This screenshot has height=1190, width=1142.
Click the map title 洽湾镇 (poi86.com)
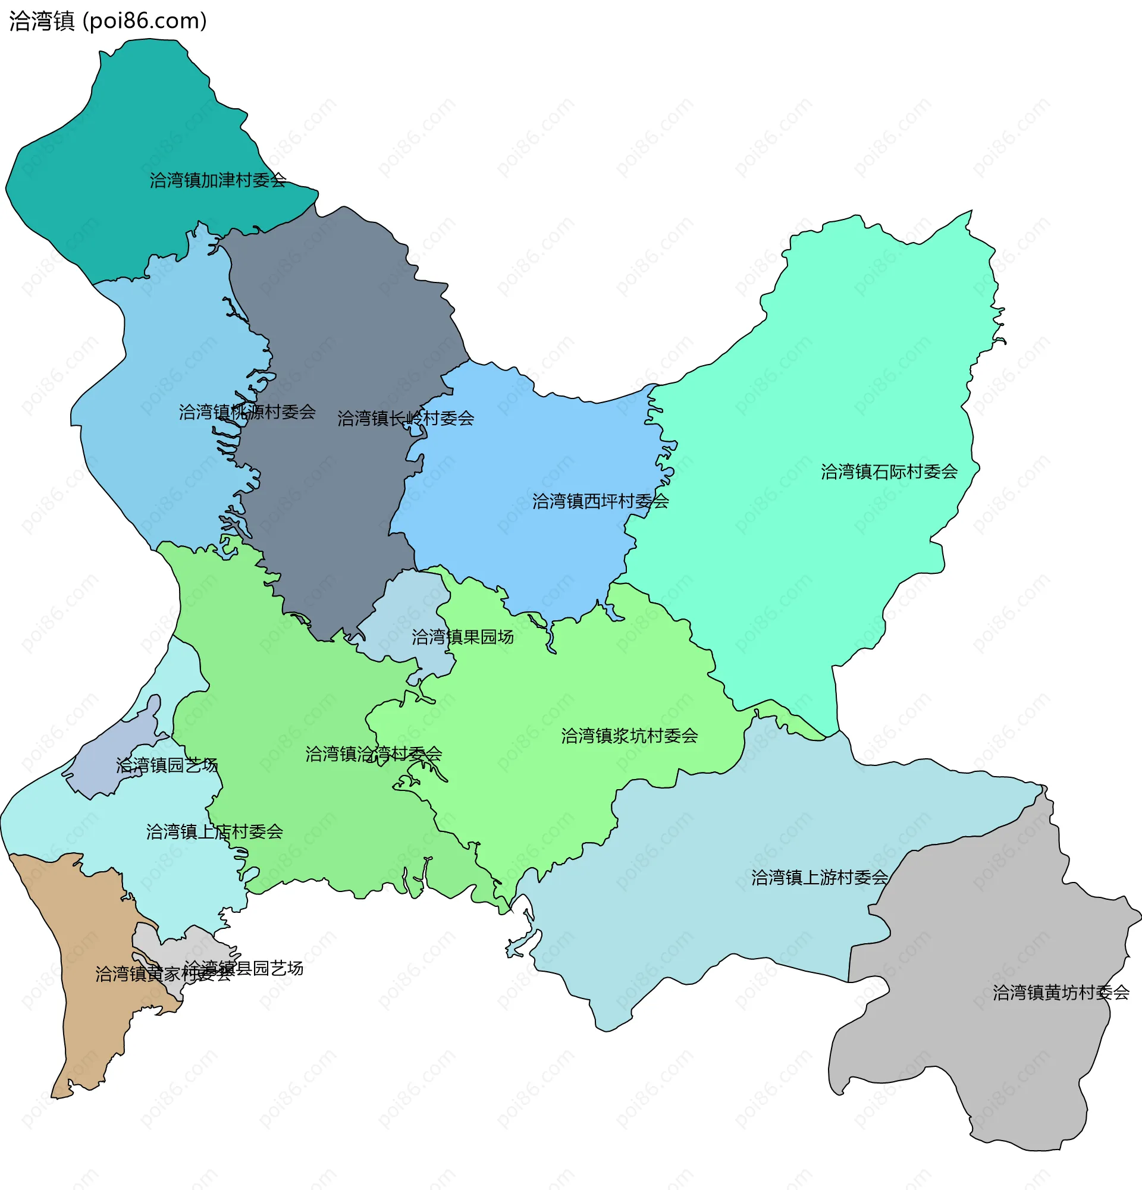click(108, 21)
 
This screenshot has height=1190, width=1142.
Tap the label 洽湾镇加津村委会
click(218, 180)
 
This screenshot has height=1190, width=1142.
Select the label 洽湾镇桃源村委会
click(247, 412)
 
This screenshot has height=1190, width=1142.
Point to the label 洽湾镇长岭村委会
click(406, 418)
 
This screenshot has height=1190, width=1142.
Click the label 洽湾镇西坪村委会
click(601, 501)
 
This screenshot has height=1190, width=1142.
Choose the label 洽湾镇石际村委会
click(889, 472)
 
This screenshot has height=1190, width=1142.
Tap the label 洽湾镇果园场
click(463, 637)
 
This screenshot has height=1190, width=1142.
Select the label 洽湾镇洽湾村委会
click(374, 754)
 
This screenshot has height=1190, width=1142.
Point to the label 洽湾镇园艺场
click(167, 765)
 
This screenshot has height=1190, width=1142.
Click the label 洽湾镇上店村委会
click(214, 831)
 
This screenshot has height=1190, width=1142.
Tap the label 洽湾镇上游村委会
click(819, 877)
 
